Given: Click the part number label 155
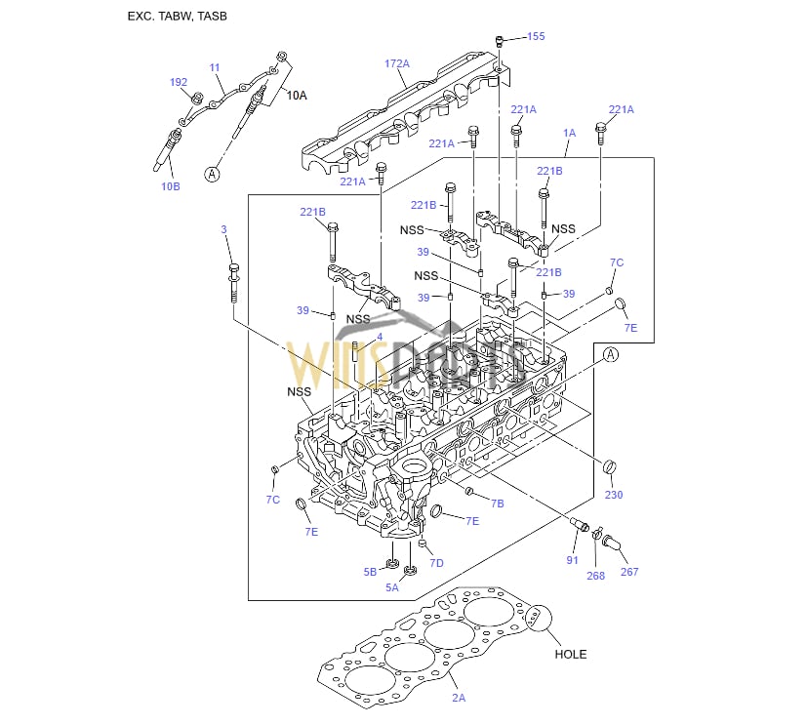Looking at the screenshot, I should [536, 36].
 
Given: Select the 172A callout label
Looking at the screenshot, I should [396, 63].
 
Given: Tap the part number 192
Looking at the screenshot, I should [178, 82].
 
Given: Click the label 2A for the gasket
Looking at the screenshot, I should [458, 698].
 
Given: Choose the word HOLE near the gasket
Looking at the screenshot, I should [571, 654].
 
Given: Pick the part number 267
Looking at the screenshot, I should [629, 571].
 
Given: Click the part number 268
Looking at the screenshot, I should [595, 576].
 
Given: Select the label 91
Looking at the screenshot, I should [573, 560].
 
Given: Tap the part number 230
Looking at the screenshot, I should [613, 495].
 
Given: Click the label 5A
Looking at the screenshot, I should [392, 587].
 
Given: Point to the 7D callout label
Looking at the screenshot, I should [436, 563].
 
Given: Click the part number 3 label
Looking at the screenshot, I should [223, 229].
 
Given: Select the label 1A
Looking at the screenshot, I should [569, 132].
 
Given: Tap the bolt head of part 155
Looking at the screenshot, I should [500, 40].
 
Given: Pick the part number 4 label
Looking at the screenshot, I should [380, 338].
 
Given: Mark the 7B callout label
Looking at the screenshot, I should [497, 503].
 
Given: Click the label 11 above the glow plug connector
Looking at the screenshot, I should [215, 67].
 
